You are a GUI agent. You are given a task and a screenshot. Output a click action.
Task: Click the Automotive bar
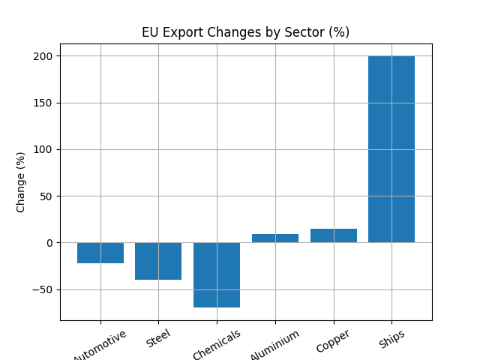tap(100, 253)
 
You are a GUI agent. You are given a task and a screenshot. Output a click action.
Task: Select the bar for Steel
tap(158, 261)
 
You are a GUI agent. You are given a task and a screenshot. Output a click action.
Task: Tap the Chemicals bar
tap(217, 274)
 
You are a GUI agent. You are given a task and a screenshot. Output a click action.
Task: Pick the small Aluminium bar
tap(275, 238)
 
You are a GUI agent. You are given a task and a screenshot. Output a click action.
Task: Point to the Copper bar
tap(333, 235)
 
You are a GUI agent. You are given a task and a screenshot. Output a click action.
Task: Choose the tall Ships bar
tap(391, 149)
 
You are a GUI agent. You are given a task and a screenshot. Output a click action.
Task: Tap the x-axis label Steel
tap(158, 339)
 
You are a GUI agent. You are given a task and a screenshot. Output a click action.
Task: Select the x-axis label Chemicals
tap(217, 344)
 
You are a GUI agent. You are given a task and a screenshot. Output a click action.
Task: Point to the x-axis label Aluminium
tap(275, 344)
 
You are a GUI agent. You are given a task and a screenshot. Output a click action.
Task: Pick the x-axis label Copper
tap(333, 340)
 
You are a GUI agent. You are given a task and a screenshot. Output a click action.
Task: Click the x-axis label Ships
tap(391, 339)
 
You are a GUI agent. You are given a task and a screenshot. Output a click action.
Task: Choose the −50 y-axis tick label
tap(45, 289)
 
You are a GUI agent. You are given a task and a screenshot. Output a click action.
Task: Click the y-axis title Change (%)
tap(21, 182)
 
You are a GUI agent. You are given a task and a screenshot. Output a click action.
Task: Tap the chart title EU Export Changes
tap(246, 33)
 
